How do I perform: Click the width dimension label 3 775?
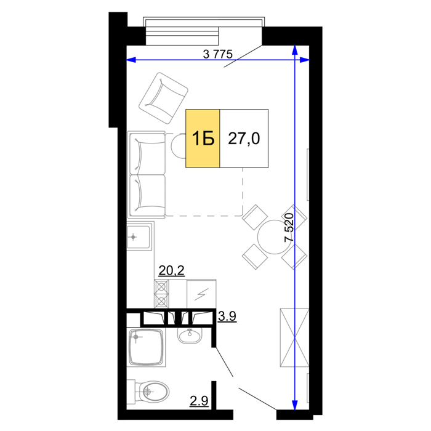(x=218, y=54)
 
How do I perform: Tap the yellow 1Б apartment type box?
(x=203, y=139)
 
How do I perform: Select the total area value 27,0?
(x=244, y=139)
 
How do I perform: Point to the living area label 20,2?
(x=172, y=271)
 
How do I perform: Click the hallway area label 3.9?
(x=227, y=316)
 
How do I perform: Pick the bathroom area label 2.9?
(x=199, y=401)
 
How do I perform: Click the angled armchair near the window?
(x=163, y=98)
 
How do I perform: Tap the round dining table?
(x=274, y=237)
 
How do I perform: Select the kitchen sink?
(x=139, y=236)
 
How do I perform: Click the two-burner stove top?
(x=161, y=294)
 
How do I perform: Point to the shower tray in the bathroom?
(x=147, y=347)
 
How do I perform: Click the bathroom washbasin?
(x=190, y=336)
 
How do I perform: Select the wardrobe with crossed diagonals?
(x=294, y=337)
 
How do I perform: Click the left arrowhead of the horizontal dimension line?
(x=131, y=60)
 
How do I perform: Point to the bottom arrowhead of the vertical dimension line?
(x=295, y=405)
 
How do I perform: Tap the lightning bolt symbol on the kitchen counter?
(x=201, y=294)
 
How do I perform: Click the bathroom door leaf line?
(x=224, y=362)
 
